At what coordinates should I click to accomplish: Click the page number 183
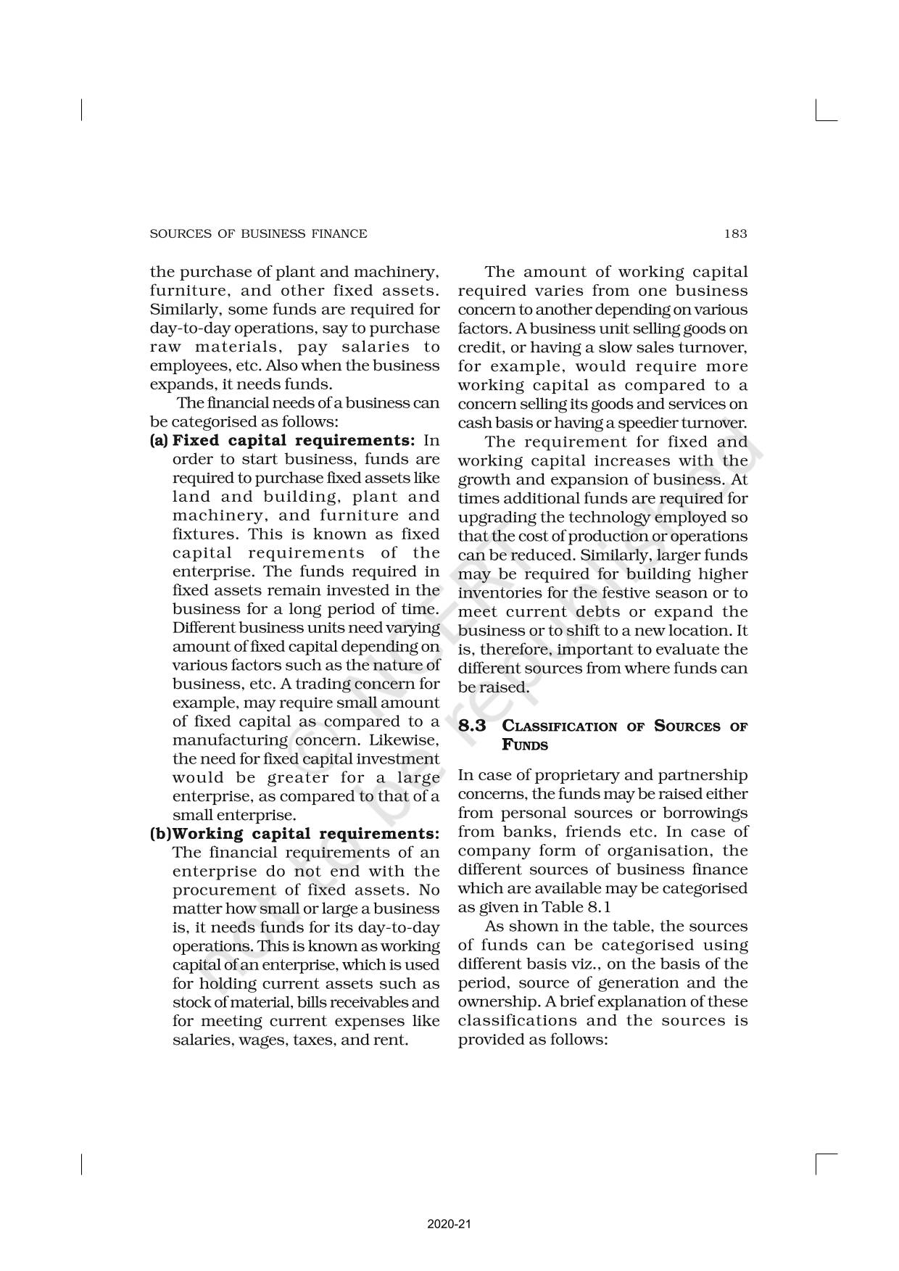pos(734,233)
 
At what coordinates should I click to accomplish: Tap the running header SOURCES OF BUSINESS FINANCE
pos(258,233)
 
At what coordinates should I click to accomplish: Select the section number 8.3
pos(472,726)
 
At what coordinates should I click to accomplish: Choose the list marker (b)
pos(160,834)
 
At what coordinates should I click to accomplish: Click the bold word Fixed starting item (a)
pos(196,441)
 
